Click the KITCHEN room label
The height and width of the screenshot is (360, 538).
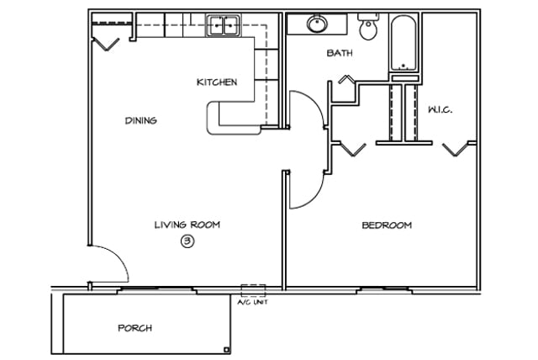coord(217,82)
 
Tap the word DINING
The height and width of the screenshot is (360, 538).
coord(141,120)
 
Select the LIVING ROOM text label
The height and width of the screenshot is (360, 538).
coord(187,225)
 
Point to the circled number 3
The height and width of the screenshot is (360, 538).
coord(187,241)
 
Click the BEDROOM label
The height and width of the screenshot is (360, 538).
coord(387,225)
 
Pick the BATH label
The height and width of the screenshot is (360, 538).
coord(340,53)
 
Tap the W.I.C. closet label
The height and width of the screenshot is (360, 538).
coord(440,110)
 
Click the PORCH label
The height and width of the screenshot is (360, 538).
coord(134,328)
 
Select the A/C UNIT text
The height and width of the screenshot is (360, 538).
coord(253,302)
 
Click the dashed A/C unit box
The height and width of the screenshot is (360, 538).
coord(253,291)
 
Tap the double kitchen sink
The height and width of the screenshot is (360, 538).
coord(223,25)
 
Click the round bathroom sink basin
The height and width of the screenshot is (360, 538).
coord(317,24)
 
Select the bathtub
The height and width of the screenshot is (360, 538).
coord(403,43)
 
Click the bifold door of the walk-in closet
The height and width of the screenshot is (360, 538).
coord(456,149)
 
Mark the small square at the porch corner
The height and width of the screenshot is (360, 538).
coord(226,350)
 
